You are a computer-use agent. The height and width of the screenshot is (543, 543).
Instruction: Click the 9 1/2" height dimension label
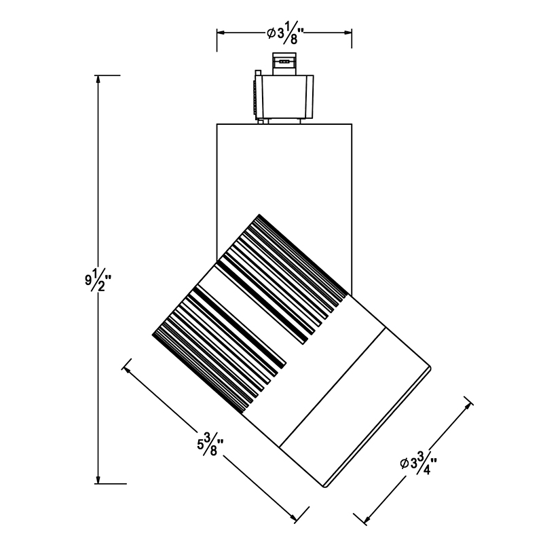pos(98,279)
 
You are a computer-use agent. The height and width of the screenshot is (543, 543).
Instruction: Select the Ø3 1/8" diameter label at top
pos(285,33)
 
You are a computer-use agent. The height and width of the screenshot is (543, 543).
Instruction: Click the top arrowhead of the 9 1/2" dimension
pos(98,79)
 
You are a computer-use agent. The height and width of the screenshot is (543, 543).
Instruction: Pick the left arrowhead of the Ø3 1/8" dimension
pos(221,33)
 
